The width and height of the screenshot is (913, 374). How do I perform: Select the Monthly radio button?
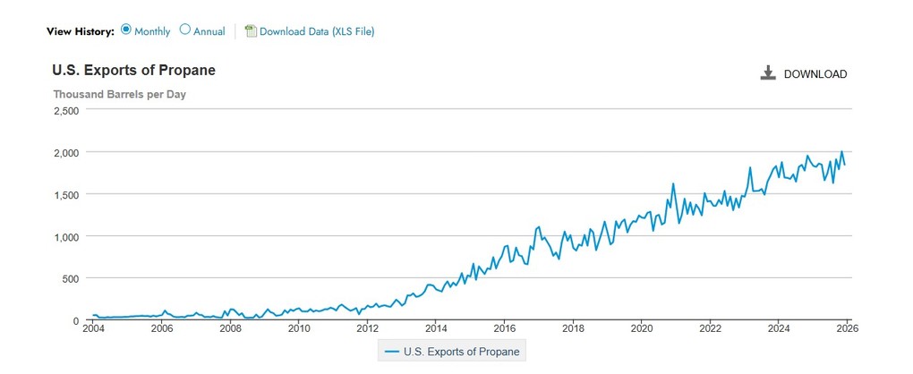point(126,30)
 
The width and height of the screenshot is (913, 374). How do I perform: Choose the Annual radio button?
point(185,30)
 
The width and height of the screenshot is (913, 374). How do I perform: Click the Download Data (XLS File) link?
point(316,31)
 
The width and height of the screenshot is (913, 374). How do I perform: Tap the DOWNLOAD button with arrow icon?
point(803,73)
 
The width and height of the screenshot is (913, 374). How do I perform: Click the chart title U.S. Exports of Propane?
point(133,71)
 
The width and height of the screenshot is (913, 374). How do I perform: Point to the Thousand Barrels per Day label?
point(119,94)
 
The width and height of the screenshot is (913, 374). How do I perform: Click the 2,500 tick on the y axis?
point(66,111)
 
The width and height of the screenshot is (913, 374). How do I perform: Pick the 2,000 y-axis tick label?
point(66,153)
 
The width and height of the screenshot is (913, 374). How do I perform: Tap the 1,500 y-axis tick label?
point(66,195)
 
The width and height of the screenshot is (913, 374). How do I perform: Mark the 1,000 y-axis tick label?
point(66,237)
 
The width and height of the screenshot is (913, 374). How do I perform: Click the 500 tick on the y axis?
point(71,279)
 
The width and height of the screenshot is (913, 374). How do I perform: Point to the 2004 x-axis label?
point(92,328)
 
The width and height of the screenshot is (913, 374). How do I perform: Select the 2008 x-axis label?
point(230,328)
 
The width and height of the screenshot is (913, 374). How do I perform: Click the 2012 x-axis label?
point(367,328)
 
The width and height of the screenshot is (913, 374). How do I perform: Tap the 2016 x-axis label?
point(504,328)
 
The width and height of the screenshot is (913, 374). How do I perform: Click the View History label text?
point(81,31)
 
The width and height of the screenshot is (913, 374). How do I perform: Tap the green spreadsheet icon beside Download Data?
point(251,31)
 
